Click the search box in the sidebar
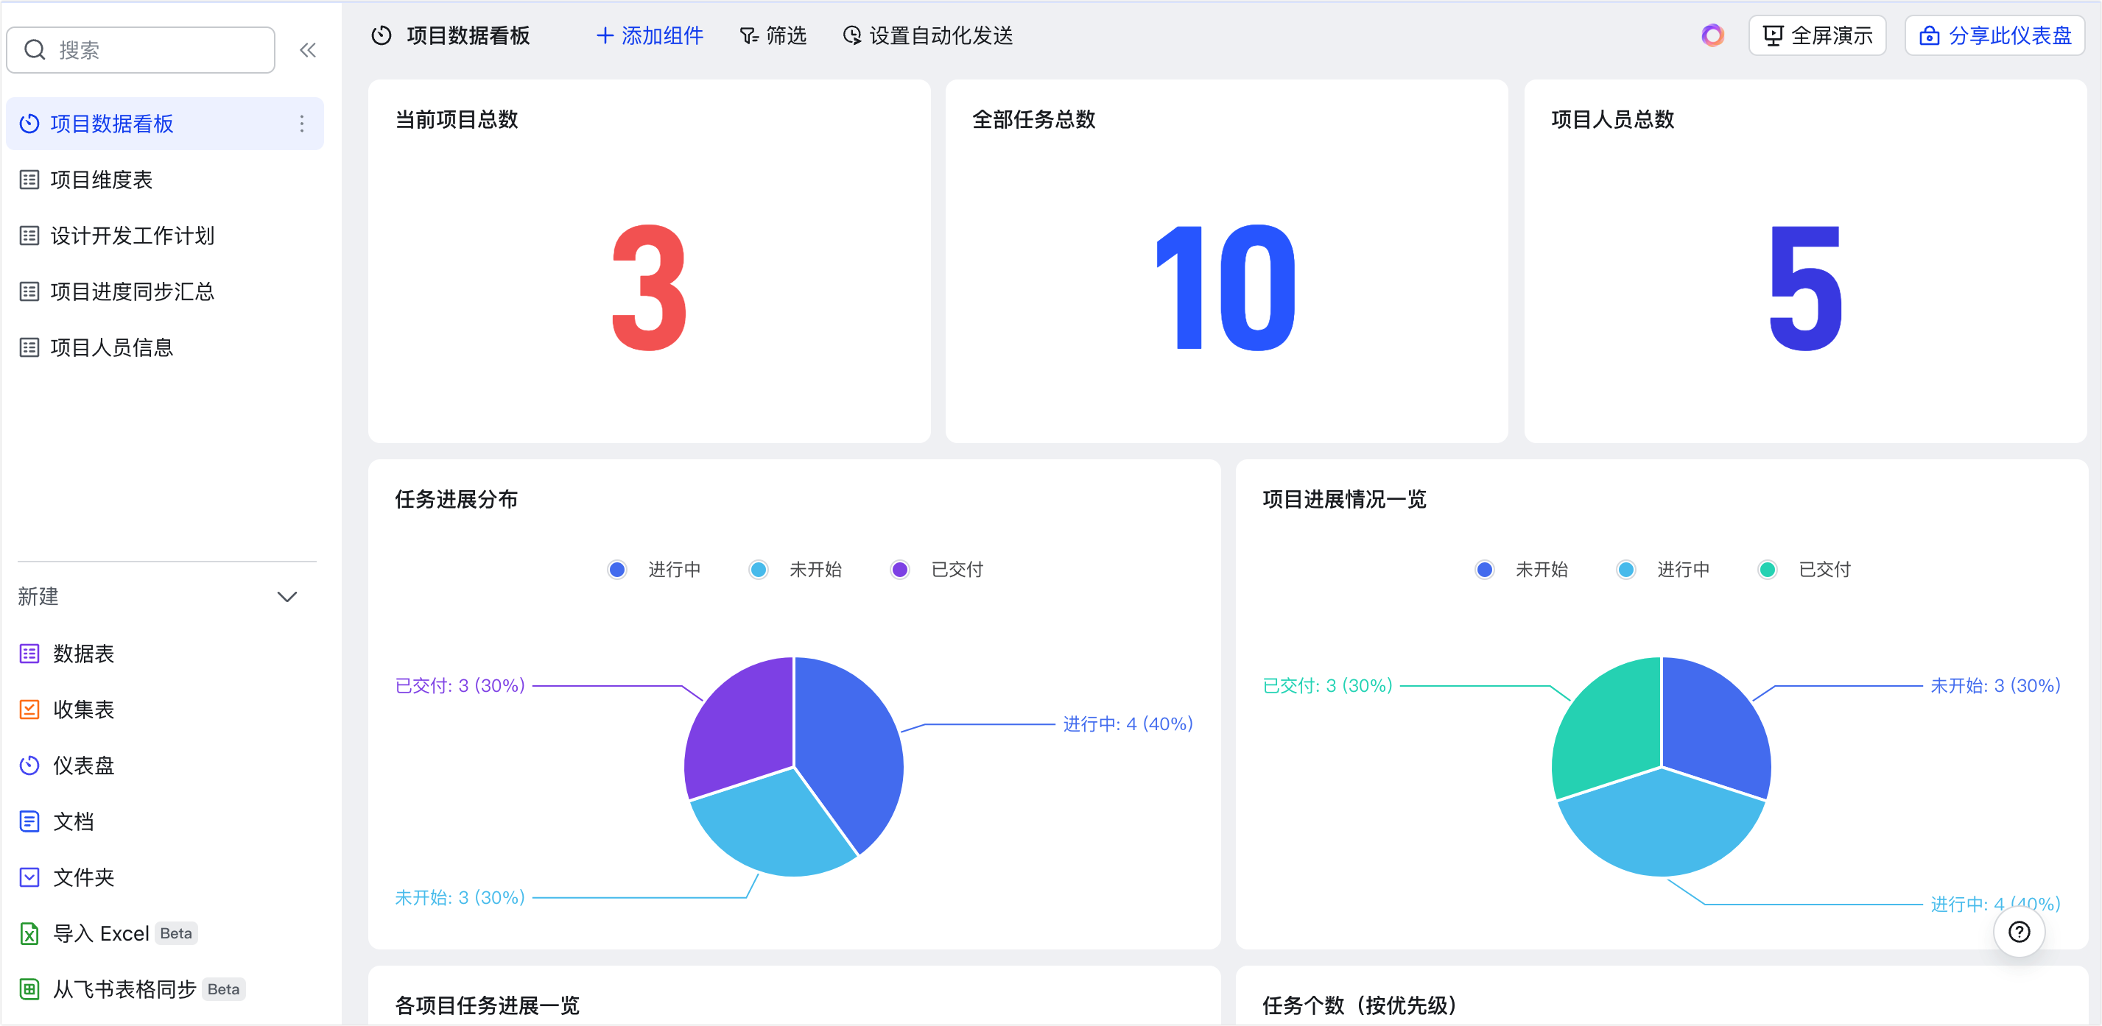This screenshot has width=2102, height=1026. pos(141,50)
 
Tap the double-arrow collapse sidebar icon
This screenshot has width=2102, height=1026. pos(308,51)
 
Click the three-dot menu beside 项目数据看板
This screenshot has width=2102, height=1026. pos(302,123)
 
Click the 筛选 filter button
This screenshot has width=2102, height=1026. pos(773,36)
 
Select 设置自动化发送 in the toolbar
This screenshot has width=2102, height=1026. pos(928,36)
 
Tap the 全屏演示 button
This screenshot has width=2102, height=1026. pos(1817,36)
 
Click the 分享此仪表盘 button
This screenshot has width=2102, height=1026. pos(1995,36)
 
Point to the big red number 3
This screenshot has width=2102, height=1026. pos(650,288)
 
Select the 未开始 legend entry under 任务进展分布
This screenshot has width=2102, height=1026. pos(796,569)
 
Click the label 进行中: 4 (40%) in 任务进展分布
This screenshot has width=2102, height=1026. pos(1128,723)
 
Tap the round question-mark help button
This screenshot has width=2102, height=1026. pos(2020,931)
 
